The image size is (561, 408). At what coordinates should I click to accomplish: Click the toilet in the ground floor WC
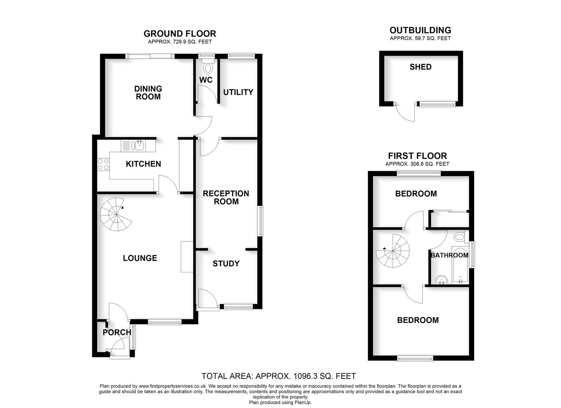coord(208,68)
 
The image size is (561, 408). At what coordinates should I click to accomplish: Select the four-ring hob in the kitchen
coord(103,164)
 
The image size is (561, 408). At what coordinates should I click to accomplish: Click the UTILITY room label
coord(238,92)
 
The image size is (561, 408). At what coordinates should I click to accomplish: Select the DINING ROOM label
coord(148,93)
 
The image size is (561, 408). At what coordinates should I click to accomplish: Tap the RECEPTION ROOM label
coord(226,197)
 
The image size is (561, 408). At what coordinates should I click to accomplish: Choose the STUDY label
coord(226,264)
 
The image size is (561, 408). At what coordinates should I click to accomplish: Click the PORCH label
coord(117,332)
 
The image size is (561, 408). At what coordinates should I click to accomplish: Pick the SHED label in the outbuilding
coord(420,67)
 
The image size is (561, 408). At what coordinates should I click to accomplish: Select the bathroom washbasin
coord(441,280)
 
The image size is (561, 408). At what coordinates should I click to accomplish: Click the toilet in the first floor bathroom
coord(459,237)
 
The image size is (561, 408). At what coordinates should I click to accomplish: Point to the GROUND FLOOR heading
coord(180,34)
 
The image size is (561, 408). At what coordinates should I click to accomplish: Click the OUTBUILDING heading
coord(420,30)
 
